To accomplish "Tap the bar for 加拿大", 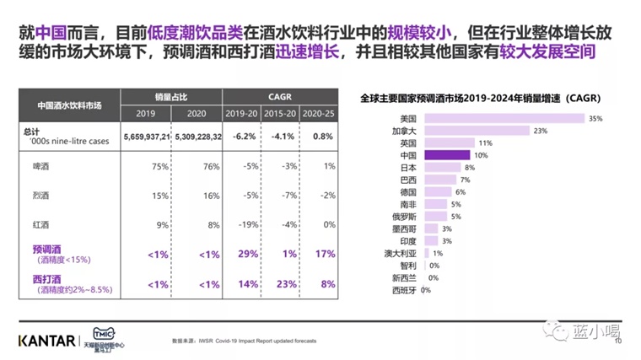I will [477, 131].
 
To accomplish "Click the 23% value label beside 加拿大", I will [541, 131].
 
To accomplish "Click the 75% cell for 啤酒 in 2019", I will [157, 167].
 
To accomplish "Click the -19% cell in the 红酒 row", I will [246, 225].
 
